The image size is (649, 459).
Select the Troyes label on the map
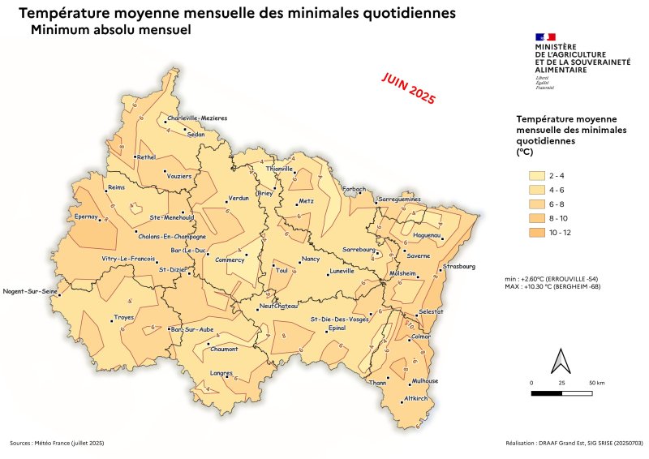tap(124, 317)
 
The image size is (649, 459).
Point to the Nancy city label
tap(311, 260)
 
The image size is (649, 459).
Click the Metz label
tap(306, 200)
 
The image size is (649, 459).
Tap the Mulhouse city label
tap(425, 381)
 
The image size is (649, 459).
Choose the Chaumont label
tap(224, 349)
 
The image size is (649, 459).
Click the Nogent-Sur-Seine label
tap(30, 291)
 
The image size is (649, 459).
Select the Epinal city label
tap(337, 328)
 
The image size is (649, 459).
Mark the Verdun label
tap(239, 198)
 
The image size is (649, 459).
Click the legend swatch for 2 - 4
tap(536, 174)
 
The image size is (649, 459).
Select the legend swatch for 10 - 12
tap(536, 233)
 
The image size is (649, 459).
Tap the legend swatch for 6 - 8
tap(536, 204)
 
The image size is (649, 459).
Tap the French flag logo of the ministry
tap(545, 36)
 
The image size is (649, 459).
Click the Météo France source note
tap(57, 443)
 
